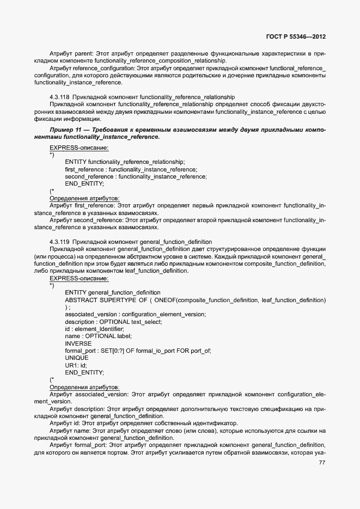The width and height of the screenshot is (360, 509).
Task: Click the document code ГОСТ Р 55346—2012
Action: pos(296,37)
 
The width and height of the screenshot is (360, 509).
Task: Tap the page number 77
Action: pos(321,463)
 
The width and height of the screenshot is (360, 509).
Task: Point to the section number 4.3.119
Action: pos(59,241)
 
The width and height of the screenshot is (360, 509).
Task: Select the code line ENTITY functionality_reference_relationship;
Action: pos(125,162)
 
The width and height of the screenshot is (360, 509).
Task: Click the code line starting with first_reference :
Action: pos(131,169)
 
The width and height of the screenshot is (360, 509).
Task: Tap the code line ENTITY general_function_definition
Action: pos(112,293)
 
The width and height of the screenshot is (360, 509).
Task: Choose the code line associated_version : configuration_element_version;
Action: pos(135,315)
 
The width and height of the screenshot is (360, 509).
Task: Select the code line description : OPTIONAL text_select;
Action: pos(113,322)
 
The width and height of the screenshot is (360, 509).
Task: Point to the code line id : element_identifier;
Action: pos(94,329)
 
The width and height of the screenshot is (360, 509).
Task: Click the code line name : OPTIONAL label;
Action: pos(99,336)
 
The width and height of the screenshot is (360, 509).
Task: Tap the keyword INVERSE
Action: pos(78,344)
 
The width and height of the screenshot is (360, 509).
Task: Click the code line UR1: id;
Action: pos(76,365)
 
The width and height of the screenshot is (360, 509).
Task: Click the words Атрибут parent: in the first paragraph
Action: pos(71,54)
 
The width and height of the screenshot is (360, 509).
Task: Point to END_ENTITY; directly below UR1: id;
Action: pos(84,372)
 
